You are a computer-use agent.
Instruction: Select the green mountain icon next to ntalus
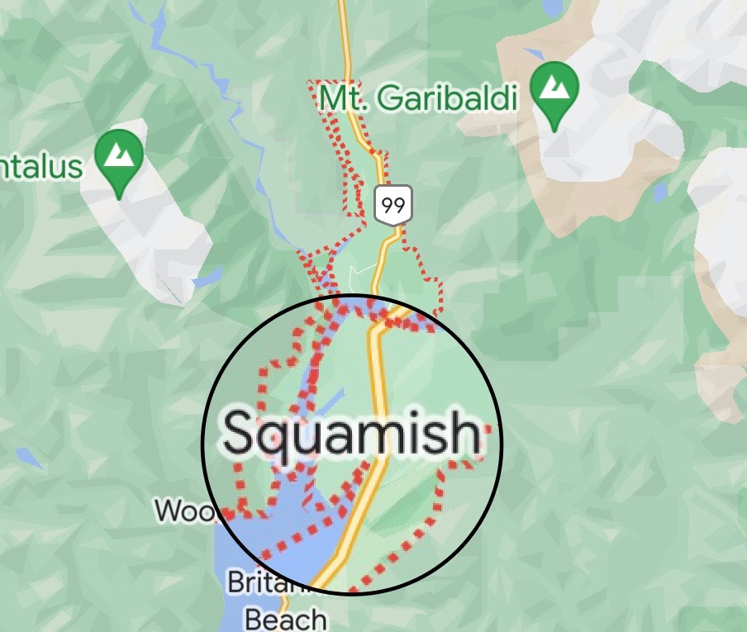click(120, 157)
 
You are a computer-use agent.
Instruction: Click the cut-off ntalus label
click(41, 167)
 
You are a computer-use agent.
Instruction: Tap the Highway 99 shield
click(393, 205)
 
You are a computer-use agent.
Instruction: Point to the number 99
click(393, 205)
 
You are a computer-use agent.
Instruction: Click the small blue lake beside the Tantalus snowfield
click(207, 277)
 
